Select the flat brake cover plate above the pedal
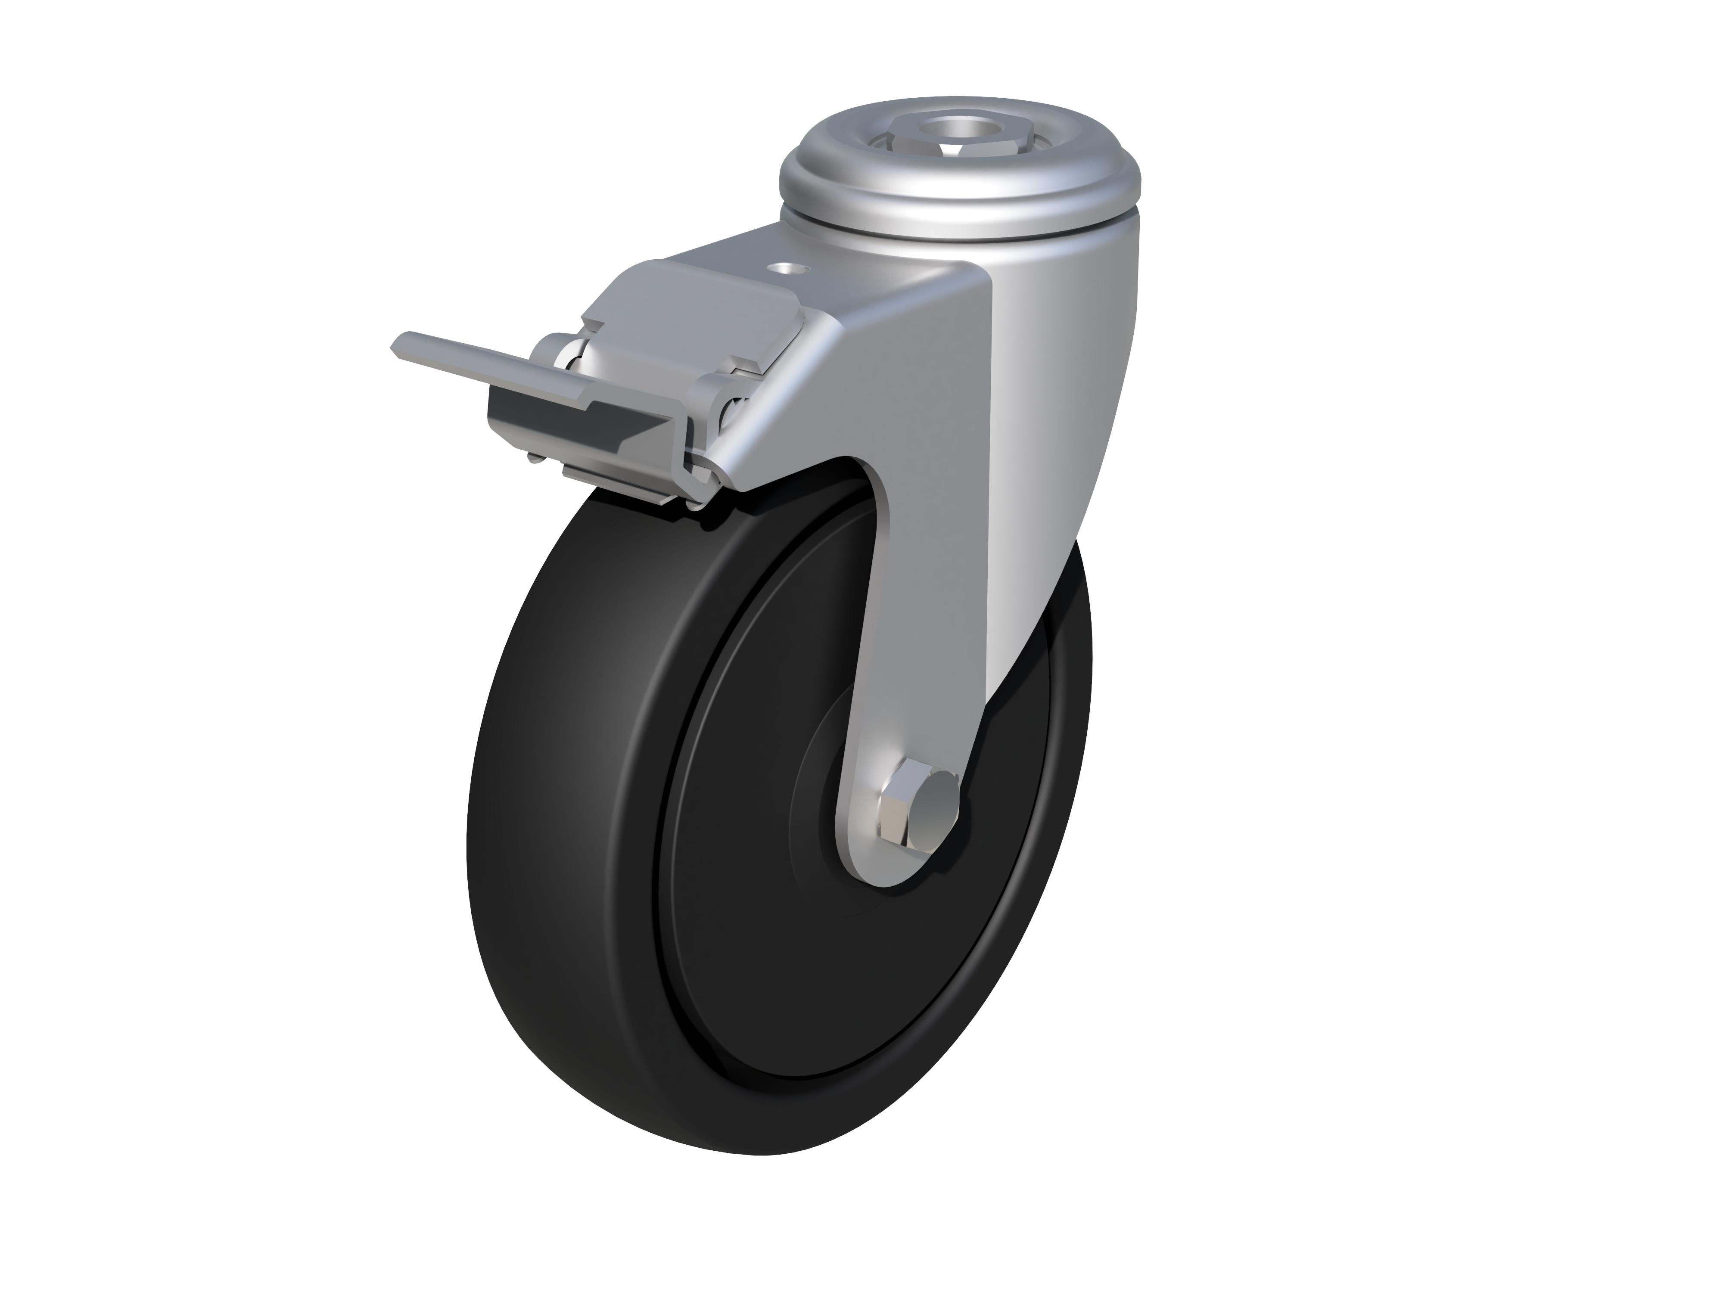[685, 304]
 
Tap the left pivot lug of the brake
[555, 351]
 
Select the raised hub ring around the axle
[826, 779]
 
